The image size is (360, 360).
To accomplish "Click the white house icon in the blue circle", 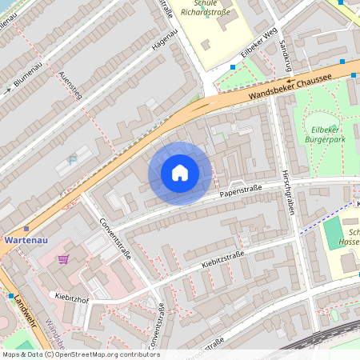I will pos(180,173).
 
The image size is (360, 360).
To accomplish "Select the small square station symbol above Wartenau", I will pos(26,228).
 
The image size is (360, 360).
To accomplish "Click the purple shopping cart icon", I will pos(63,259).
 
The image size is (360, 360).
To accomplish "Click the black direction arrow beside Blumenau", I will pos(8,90).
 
